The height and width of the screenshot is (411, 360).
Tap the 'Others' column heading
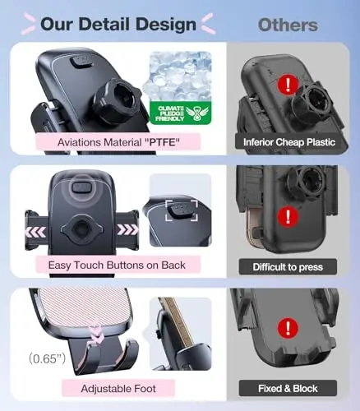[x=288, y=24]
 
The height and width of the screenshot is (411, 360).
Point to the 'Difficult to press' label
[x=288, y=266]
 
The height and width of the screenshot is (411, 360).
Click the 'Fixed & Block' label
[x=288, y=388]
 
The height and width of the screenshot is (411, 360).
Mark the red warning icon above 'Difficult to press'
[x=288, y=217]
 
